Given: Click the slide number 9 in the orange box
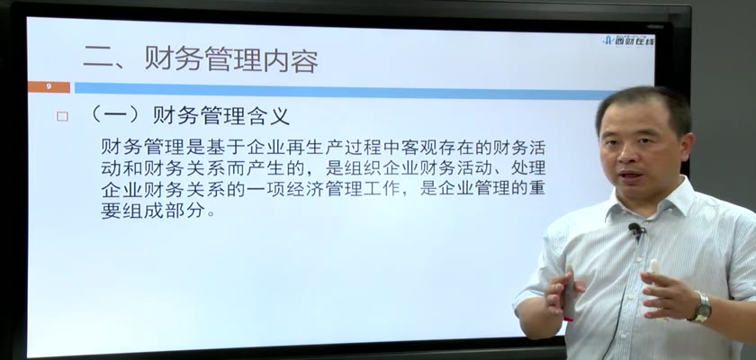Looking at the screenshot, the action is (x=49, y=87).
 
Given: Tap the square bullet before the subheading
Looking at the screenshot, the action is (x=62, y=116).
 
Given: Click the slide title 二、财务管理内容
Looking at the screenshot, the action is (x=201, y=60).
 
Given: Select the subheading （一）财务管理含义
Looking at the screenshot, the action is (x=190, y=116).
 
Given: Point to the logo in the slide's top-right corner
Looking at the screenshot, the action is (x=629, y=40).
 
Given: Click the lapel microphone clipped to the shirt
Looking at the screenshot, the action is (x=636, y=229).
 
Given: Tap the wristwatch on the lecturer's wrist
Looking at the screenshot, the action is (x=702, y=307).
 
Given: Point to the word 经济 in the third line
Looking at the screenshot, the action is (x=298, y=189).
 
